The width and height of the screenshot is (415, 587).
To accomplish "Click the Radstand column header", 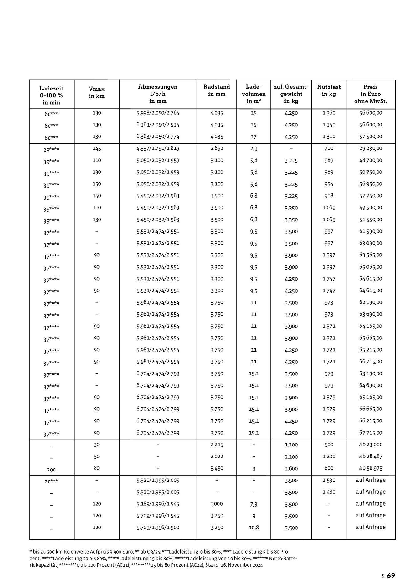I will pyautogui.click(x=217, y=90).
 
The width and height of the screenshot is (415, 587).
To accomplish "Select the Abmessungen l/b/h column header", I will pyautogui.click(x=158, y=94).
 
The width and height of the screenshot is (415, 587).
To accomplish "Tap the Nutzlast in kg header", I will pyautogui.click(x=329, y=90).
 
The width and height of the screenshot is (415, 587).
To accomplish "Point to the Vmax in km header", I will pyautogui.click(x=96, y=93).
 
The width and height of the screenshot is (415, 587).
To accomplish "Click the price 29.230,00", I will pyautogui.click(x=371, y=148).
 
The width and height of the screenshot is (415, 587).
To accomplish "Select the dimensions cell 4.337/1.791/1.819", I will pyautogui.click(x=158, y=148).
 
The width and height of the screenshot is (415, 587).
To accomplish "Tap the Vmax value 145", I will pyautogui.click(x=96, y=148).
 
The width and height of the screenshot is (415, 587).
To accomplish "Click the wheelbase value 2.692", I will pyautogui.click(x=217, y=148).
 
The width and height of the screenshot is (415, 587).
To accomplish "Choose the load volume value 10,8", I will pyautogui.click(x=254, y=528).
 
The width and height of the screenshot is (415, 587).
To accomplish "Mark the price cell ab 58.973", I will pyautogui.click(x=371, y=468).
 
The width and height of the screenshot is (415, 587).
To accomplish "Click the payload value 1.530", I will pyautogui.click(x=329, y=480).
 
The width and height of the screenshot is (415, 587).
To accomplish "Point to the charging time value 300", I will pyautogui.click(x=51, y=470).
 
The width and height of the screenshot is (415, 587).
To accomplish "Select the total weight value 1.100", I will pyautogui.click(x=291, y=445).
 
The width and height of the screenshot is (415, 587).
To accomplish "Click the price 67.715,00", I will pyautogui.click(x=371, y=433).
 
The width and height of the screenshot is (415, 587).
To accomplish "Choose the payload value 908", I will pyautogui.click(x=329, y=196).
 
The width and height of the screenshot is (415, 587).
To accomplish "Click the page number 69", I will pyautogui.click(x=391, y=576).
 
